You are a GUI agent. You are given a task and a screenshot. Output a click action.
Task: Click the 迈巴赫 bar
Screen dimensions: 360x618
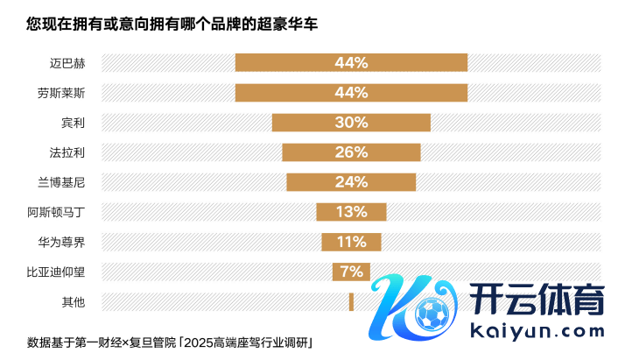click(x=351, y=62)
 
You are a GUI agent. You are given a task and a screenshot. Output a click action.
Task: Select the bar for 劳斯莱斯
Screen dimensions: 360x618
click(x=351, y=92)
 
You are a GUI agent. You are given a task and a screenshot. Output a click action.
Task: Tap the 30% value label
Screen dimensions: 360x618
click(x=351, y=123)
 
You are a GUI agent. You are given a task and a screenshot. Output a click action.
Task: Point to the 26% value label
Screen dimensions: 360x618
click(x=351, y=152)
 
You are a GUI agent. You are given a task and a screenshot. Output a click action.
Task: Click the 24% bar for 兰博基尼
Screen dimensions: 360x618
click(x=351, y=182)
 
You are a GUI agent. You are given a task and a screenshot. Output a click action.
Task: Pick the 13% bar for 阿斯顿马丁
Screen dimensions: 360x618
click(x=351, y=212)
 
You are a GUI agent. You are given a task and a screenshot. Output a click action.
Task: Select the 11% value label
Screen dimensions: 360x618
click(x=351, y=242)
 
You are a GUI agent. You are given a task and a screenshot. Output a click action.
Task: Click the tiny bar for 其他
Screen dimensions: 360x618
click(x=351, y=301)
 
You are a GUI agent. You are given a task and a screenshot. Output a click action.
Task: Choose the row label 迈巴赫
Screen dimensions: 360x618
click(x=67, y=62)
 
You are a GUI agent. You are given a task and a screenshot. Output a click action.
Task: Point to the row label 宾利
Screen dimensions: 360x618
click(x=73, y=123)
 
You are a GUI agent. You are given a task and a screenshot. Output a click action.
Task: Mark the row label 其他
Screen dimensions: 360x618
click(x=73, y=302)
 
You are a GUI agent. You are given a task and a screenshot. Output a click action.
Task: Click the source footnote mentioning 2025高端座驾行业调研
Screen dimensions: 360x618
click(x=170, y=342)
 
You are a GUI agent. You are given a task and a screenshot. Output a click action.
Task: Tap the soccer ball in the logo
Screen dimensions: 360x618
click(x=431, y=314)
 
